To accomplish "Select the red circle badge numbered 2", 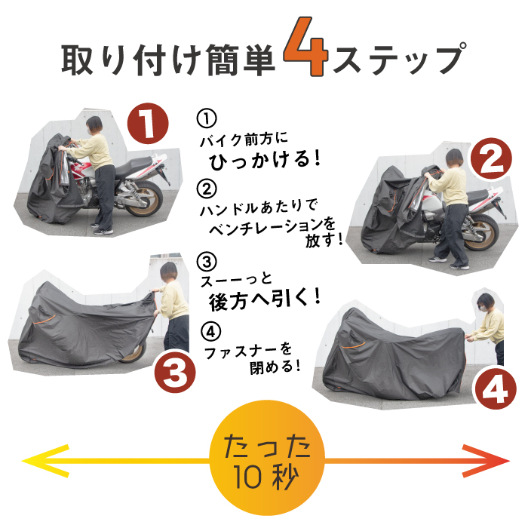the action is (x=491, y=158).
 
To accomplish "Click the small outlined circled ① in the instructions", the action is (x=207, y=118).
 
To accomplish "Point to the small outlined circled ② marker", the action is (x=207, y=189).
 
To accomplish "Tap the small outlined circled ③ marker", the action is (x=207, y=261).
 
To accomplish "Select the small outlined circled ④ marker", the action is (x=210, y=332).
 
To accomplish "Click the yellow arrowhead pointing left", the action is (x=45, y=461).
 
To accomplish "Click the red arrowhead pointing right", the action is (x=486, y=461).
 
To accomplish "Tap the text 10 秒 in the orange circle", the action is (x=266, y=477).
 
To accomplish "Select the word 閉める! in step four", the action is (x=275, y=367).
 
